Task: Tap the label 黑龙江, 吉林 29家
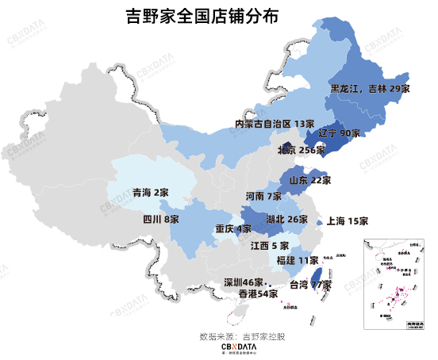370,90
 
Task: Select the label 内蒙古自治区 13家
275,124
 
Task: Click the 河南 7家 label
263,196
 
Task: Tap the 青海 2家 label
150,193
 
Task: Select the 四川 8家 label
161,219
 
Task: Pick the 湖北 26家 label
286,219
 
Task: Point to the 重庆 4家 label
233,229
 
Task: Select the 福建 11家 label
297,260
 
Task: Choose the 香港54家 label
258,293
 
